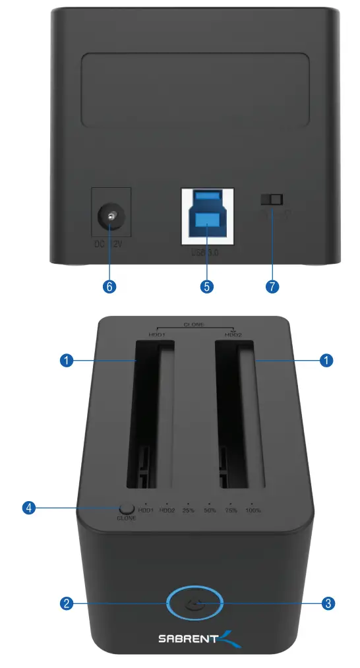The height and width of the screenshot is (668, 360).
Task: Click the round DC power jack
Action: point(110,217)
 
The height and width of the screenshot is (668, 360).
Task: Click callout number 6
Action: point(110,286)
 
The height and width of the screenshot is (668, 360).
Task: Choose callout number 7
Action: point(272,286)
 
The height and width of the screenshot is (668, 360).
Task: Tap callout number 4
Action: point(28,508)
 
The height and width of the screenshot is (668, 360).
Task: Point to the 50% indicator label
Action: point(210,510)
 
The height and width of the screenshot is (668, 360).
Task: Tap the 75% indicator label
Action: point(231,510)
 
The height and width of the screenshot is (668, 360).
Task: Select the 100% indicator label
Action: point(254,510)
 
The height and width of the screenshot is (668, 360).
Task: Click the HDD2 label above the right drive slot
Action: point(233,335)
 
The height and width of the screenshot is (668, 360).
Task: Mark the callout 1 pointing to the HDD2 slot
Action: point(325,360)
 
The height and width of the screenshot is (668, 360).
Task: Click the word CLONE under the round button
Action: point(126,518)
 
